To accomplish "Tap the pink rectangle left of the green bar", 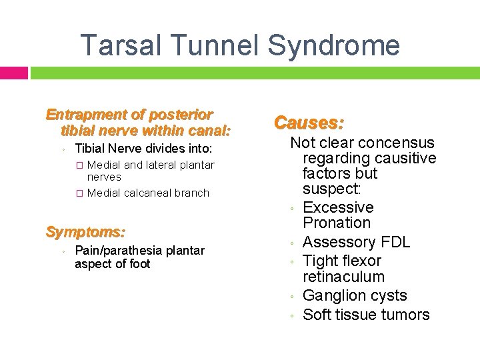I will [14, 73].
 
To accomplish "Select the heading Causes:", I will [309, 123].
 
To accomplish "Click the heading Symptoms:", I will [85, 233].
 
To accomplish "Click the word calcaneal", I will [151, 193].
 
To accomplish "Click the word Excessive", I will [338, 208].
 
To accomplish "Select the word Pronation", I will [337, 223].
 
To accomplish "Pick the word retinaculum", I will [343, 277].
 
